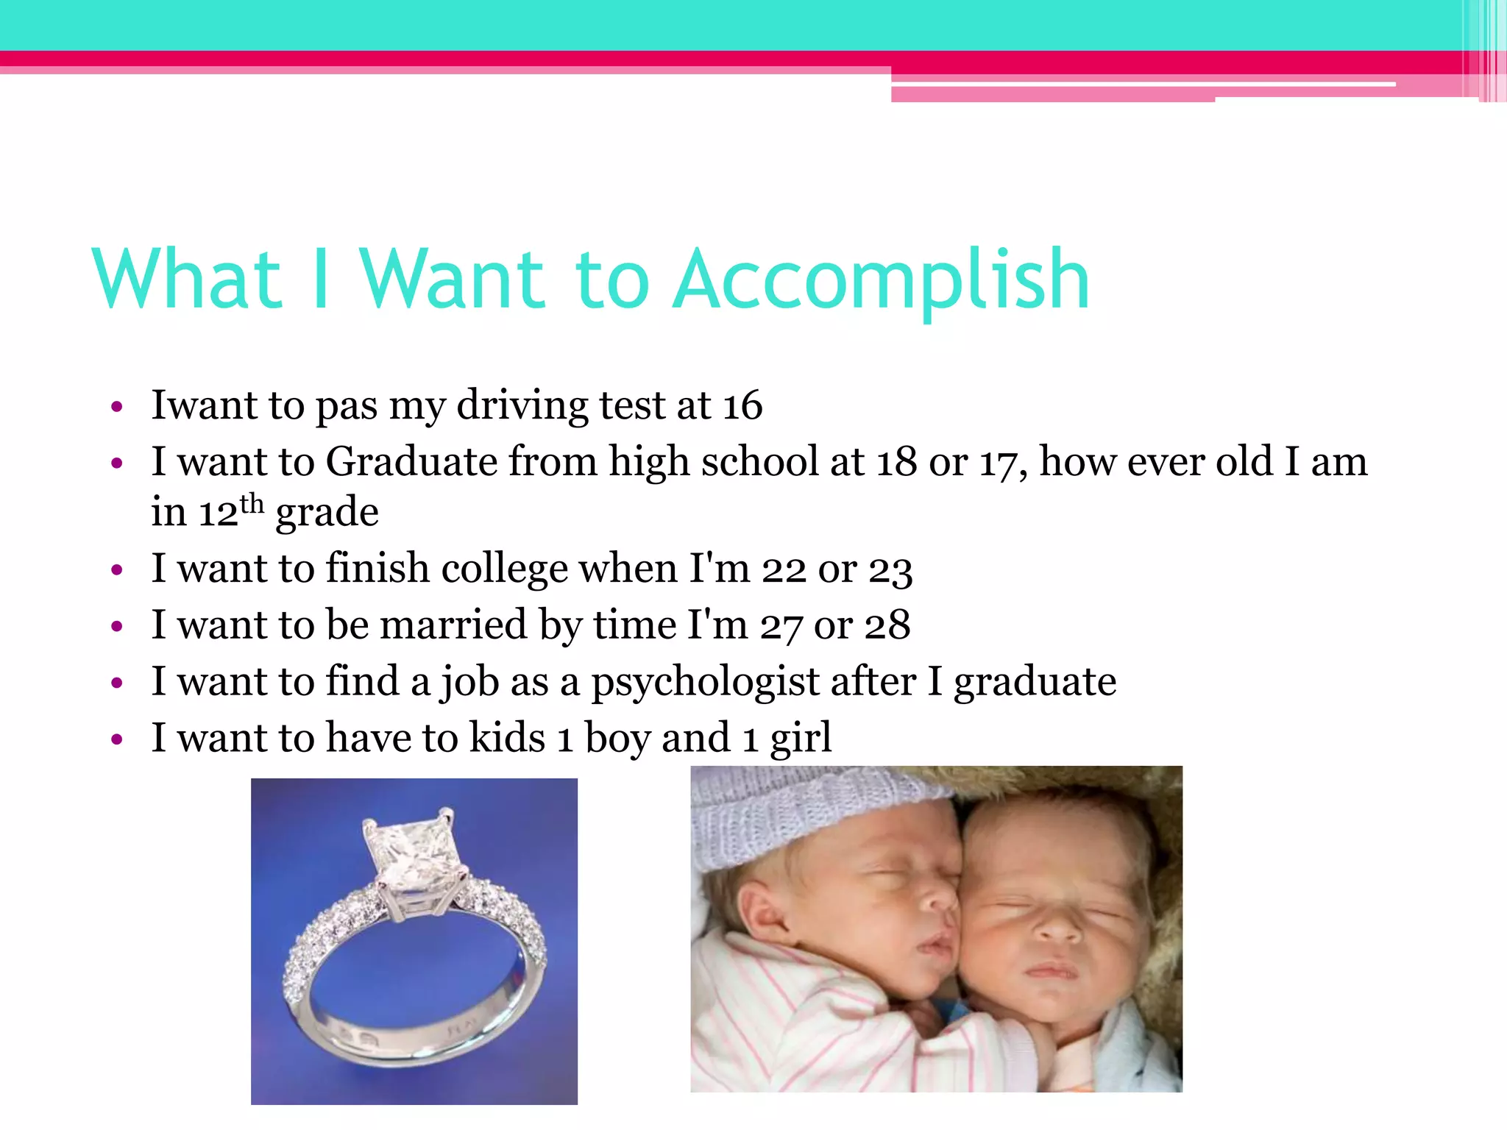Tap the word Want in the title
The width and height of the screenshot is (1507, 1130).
(x=452, y=280)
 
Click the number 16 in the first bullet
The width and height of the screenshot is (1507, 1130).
(x=742, y=405)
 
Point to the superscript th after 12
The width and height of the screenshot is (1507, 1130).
(x=252, y=504)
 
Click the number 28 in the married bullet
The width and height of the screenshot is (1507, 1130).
(x=887, y=625)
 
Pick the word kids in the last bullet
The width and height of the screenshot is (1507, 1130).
(x=507, y=738)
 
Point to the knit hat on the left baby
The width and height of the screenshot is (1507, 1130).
(x=795, y=817)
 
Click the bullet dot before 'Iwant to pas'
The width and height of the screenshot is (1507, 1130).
(x=116, y=407)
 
